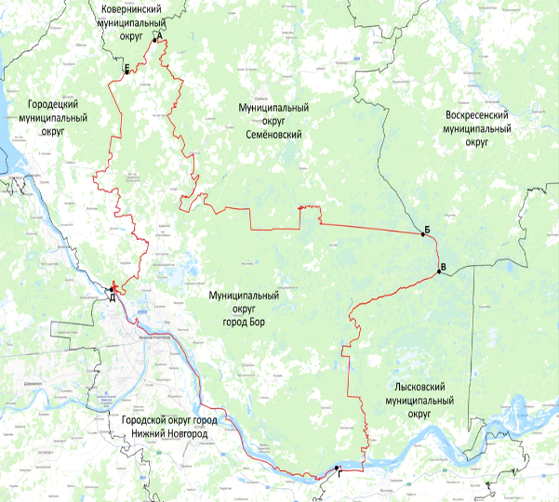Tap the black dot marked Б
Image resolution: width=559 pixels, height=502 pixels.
(423, 235)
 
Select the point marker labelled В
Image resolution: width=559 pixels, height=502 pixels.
(436, 273)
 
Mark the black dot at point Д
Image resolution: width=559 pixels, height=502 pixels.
(112, 289)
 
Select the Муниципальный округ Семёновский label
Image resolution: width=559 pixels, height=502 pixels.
(273, 122)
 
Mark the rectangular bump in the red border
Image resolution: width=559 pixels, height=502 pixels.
(309, 216)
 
